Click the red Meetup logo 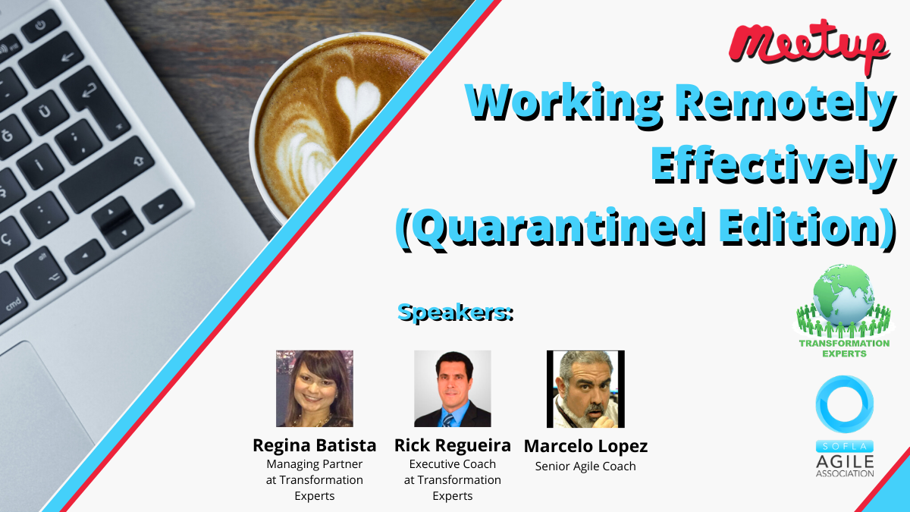click(808, 45)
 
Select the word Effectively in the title click(773, 168)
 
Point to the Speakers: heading click(456, 313)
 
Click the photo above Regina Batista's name click(315, 388)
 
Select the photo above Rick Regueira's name click(452, 388)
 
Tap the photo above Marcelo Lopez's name click(585, 389)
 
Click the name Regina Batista click(315, 445)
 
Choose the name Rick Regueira click(452, 446)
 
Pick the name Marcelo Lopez click(585, 447)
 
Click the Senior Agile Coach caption click(585, 466)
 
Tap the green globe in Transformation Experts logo click(843, 294)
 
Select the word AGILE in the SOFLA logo click(845, 462)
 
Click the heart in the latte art click(357, 99)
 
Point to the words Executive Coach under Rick click(452, 464)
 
